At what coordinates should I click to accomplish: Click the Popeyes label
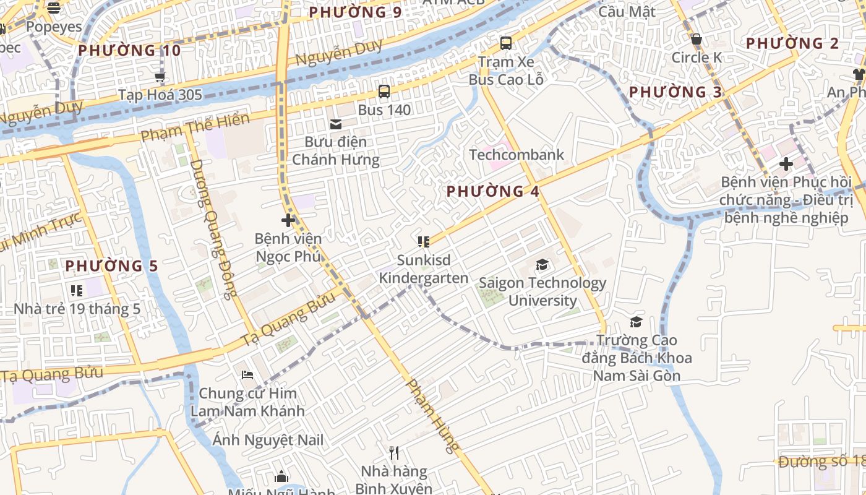pos(54,27)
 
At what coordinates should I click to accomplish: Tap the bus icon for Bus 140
pos(384,92)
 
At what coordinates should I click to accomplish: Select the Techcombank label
pos(517,155)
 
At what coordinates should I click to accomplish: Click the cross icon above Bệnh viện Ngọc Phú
pos(288,220)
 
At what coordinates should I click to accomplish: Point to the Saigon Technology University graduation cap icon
pos(542,265)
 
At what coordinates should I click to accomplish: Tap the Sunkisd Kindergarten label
pos(423,269)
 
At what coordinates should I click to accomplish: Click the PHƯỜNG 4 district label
pos(493,191)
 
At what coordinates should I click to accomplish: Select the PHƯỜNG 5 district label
pos(111,266)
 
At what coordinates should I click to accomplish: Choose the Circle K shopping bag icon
pos(697,40)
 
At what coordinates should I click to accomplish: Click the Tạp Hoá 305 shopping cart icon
pos(160,77)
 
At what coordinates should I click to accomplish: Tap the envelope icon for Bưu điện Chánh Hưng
pos(336,124)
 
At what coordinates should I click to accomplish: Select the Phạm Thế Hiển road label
pos(195,127)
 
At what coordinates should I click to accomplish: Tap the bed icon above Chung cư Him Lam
pos(247,375)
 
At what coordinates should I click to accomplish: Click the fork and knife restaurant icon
pos(394,453)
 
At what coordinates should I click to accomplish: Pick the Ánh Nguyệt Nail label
pos(268,441)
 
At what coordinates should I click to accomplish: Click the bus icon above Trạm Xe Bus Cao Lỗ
pos(506,43)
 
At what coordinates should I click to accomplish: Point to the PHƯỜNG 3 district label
pos(675,92)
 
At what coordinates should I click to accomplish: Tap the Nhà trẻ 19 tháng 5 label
pos(77,309)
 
